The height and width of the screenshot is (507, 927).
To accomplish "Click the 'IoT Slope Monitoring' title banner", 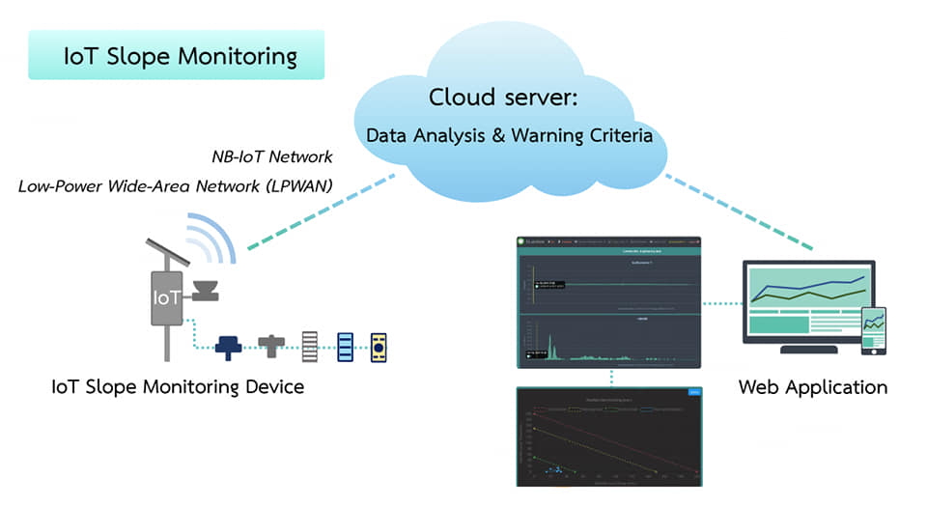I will pos(177,56).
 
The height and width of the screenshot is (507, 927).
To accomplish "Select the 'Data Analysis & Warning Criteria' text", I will pos(509,135).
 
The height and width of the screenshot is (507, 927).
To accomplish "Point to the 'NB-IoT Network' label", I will pos(272,156).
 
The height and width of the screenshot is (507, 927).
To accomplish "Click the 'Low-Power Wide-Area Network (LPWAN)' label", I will pos(175,185).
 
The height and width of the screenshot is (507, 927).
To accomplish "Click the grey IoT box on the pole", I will pos(165,296).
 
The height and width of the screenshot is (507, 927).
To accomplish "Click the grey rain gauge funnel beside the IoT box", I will pos(206,290).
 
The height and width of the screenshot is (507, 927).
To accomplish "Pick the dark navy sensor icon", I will pos(230,346).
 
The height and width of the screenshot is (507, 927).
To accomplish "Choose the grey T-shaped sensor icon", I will pos(270,344).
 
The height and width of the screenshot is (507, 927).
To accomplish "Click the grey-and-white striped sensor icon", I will pos(310,346).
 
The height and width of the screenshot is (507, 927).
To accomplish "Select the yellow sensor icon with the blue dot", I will pos(379,346).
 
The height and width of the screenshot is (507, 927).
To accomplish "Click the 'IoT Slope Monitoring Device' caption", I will pos(178,388).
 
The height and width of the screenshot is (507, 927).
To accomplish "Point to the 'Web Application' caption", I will pos(812,388).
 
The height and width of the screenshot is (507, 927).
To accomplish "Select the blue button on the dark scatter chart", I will pos(693,392).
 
